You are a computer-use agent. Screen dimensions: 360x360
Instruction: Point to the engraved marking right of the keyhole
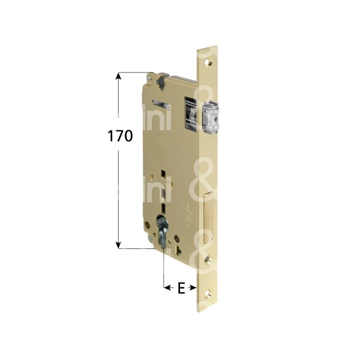[187, 214]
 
